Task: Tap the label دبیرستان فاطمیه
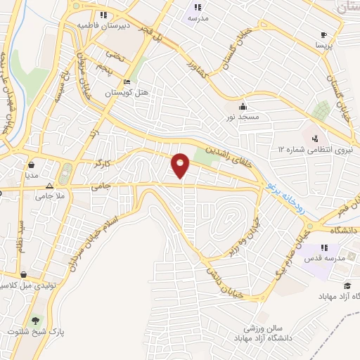click(x=104, y=25)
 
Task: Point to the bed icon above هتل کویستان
click(x=127, y=80)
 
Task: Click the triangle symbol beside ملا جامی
click(x=49, y=186)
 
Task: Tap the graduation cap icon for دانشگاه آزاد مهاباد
click(x=347, y=286)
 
